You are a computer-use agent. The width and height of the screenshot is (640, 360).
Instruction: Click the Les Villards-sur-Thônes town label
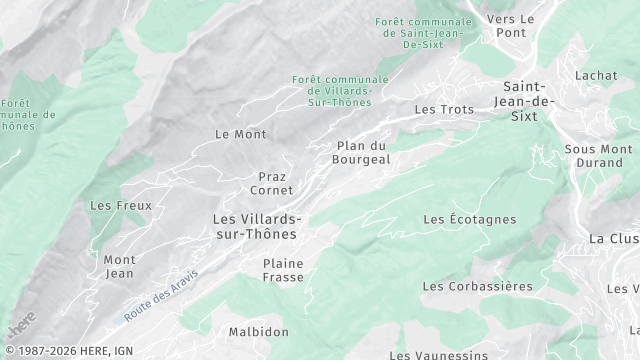pyautogui.click(x=256, y=226)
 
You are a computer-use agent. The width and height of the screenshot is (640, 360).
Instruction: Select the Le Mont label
pyautogui.click(x=241, y=133)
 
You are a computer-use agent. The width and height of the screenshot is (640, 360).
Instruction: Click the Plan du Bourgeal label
pyautogui.click(x=362, y=152)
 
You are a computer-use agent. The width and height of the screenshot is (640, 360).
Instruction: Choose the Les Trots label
pyautogui.click(x=443, y=109)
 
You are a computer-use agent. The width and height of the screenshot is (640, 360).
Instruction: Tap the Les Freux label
pyautogui.click(x=120, y=206)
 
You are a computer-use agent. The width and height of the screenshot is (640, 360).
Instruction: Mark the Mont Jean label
pyautogui.click(x=119, y=266)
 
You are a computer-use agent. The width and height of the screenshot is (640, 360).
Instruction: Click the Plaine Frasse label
pyautogui.click(x=283, y=270)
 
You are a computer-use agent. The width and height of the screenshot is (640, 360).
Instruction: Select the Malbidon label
pyautogui.click(x=258, y=332)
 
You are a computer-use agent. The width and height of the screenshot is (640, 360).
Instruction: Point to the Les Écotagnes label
pyautogui.click(x=469, y=219)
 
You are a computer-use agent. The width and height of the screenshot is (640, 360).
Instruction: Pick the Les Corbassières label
pyautogui.click(x=477, y=286)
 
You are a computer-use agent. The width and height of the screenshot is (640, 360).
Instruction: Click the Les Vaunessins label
pyautogui.click(x=438, y=354)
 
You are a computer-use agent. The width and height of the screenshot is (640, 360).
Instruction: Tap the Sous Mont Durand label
pyautogui.click(x=599, y=156)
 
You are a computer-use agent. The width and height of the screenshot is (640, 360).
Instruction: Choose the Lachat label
pyautogui.click(x=596, y=75)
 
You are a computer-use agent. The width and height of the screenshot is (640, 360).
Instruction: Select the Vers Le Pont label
pyautogui.click(x=511, y=26)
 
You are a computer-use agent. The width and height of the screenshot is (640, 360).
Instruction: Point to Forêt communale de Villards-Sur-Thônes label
pyautogui.click(x=332, y=91)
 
